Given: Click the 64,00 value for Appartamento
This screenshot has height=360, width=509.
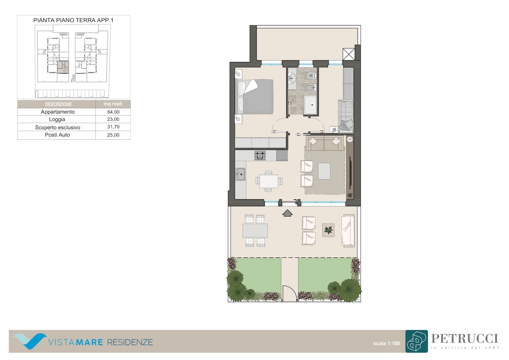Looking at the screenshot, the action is (x=113, y=112).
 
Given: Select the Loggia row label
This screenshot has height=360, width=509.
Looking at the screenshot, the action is (x=57, y=119).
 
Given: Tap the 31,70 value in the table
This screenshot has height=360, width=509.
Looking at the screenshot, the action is (x=113, y=127).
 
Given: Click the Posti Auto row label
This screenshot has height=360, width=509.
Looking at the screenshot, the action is (x=57, y=135).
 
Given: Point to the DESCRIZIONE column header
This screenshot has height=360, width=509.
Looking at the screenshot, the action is (x=59, y=104).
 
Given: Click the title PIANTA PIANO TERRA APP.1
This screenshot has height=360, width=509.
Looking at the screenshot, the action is (x=73, y=20).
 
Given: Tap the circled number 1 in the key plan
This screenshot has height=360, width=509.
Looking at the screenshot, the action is (x=65, y=70).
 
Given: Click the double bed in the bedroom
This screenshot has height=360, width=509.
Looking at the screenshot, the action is (x=255, y=97).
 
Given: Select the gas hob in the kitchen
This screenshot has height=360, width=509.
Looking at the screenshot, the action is (x=260, y=156).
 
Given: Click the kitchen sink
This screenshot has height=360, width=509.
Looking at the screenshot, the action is (x=241, y=174).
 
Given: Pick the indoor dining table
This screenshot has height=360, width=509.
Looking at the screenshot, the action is (x=269, y=181).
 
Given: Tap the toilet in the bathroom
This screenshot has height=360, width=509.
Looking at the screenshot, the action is (x=311, y=75).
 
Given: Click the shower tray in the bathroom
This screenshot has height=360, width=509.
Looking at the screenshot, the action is (x=310, y=105).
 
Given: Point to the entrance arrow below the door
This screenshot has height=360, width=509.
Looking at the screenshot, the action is (x=287, y=213).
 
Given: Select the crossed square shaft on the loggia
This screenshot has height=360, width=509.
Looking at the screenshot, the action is (x=349, y=54).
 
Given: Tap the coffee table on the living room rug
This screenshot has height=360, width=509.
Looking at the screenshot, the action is (x=324, y=171).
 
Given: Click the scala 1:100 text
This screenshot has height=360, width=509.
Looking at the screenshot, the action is (x=387, y=343).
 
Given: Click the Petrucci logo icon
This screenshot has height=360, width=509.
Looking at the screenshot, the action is (x=416, y=341).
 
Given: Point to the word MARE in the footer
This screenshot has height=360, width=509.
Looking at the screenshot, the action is (x=89, y=342).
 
